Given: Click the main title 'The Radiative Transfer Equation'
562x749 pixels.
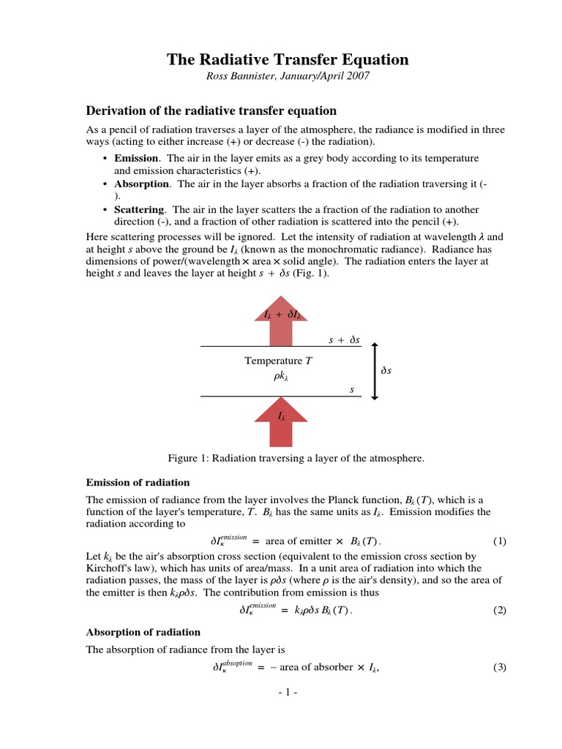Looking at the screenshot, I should [x=288, y=59].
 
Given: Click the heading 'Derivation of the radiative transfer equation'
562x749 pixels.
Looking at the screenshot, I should [x=211, y=111].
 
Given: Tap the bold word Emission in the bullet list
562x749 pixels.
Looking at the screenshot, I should [x=136, y=158].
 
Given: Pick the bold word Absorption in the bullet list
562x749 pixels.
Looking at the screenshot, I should [x=142, y=184].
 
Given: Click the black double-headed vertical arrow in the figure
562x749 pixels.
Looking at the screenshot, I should [x=375, y=371].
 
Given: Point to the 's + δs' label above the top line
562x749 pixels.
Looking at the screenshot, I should [x=342, y=340].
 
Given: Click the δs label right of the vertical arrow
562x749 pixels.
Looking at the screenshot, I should [x=387, y=372].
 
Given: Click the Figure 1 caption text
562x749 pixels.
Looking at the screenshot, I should [x=296, y=458].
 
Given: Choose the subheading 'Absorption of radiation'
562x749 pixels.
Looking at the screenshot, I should [x=143, y=632].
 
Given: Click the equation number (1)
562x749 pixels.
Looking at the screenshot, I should [x=499, y=542].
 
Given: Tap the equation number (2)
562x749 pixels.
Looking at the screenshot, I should [x=499, y=611].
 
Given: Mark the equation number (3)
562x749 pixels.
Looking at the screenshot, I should [x=499, y=667].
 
